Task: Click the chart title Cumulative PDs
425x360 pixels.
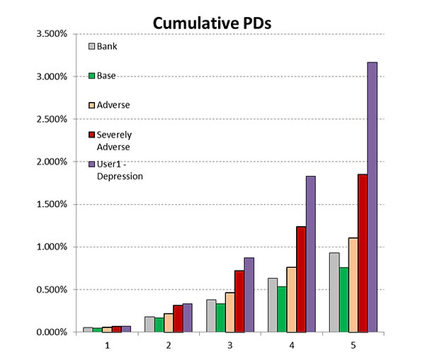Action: pyautogui.click(x=212, y=23)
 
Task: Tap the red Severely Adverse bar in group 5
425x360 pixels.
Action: pyautogui.click(x=363, y=253)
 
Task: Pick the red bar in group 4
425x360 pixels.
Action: pyautogui.click(x=300, y=279)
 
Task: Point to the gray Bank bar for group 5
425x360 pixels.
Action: pyautogui.click(x=334, y=292)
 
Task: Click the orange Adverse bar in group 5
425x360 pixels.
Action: pyautogui.click(x=353, y=285)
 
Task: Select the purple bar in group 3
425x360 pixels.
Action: pyautogui.click(x=249, y=295)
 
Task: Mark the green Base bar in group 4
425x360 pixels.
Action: pyautogui.click(x=281, y=309)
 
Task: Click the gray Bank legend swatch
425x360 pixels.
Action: pyautogui.click(x=91, y=47)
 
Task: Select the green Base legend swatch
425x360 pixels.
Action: pyautogui.click(x=91, y=75)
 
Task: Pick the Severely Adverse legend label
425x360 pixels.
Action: pyautogui.click(x=116, y=140)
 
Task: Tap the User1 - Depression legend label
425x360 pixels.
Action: pyautogui.click(x=119, y=170)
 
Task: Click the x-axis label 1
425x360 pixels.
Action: pyautogui.click(x=108, y=345)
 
